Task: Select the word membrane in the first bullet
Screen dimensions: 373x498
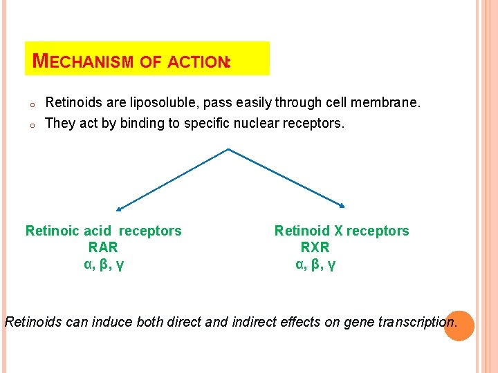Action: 385,103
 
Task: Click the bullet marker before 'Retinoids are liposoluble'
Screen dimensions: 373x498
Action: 33,105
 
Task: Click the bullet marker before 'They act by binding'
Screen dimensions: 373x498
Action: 33,126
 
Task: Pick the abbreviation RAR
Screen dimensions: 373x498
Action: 103,247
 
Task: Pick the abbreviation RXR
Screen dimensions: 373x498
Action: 315,247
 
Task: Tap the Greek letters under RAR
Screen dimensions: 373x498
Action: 104,264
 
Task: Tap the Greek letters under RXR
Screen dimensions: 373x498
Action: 315,264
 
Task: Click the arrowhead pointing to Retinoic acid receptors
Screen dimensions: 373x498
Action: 118,209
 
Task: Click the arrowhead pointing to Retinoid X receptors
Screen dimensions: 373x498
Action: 341,205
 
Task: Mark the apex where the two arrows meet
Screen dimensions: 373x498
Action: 228,149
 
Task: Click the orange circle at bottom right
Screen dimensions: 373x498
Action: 459,325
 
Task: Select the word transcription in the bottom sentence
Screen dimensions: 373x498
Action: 417,321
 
